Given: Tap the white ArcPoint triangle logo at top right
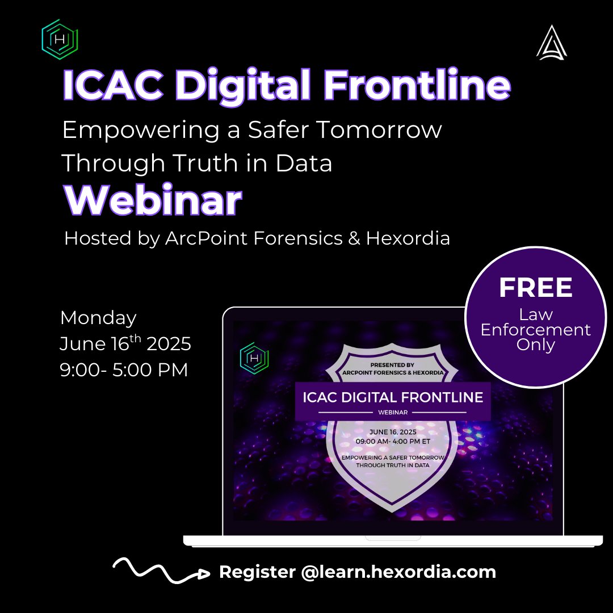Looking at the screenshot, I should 551,42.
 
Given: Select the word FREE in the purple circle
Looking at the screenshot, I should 536,288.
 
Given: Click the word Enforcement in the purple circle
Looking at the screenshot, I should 536,330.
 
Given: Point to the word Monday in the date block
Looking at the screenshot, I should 98,317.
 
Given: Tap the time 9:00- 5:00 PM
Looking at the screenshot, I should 124,370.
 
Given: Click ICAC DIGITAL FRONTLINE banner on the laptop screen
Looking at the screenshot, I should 393,397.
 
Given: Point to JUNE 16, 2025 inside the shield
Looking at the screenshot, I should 392,431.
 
